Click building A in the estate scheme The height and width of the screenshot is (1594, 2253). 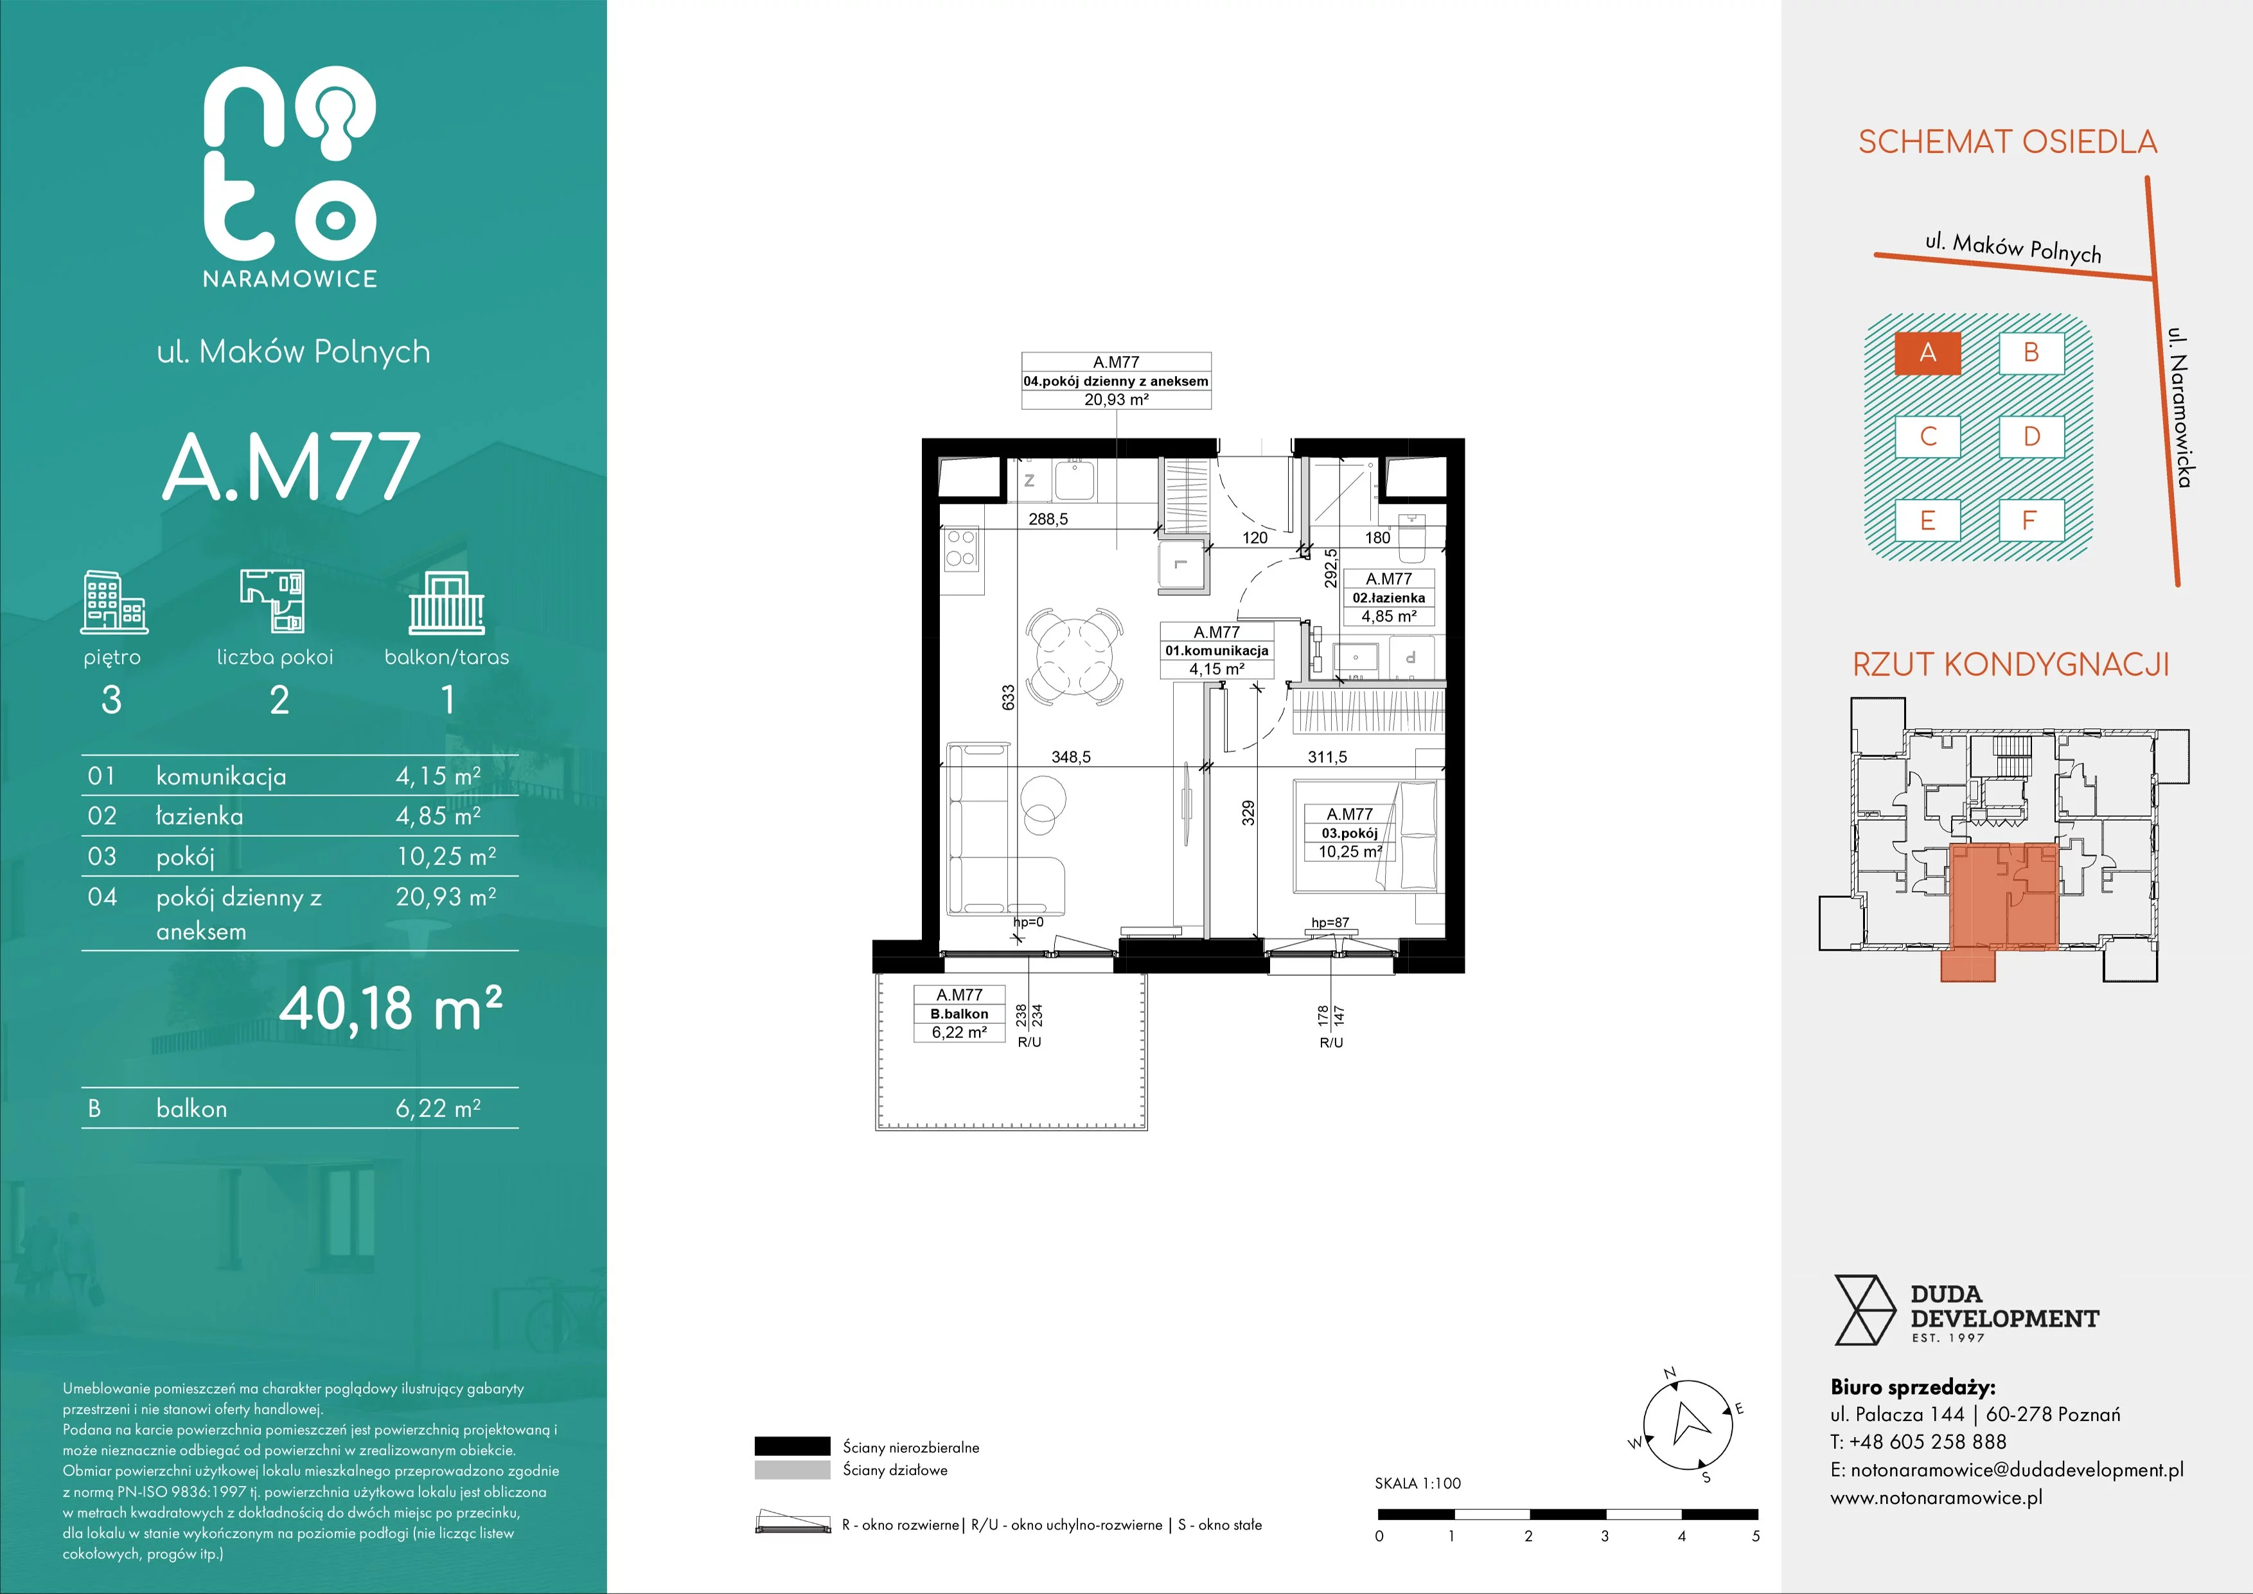click(1927, 352)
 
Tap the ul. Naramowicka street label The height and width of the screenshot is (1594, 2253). click(2179, 406)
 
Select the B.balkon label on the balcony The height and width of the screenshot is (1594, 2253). click(959, 1014)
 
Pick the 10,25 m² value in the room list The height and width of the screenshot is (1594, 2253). click(445, 856)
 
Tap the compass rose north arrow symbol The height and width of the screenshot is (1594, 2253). click(1687, 1422)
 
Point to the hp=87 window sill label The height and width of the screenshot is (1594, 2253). click(1330, 922)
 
